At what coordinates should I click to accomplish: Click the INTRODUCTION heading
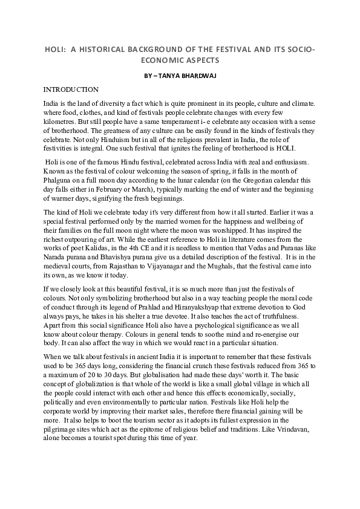coord(71,89)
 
